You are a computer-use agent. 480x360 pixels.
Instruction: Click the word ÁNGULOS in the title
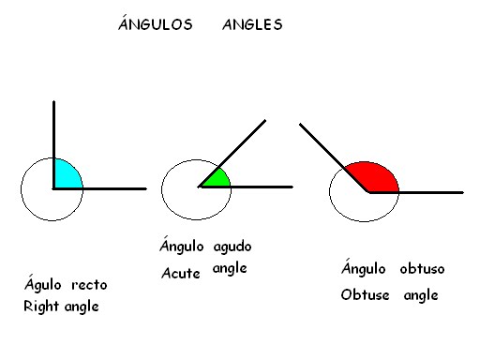[155, 25]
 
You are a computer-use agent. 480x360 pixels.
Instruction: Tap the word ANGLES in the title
[252, 25]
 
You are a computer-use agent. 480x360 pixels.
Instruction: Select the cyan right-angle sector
[66, 175]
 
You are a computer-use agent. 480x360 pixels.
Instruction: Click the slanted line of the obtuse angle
[328, 150]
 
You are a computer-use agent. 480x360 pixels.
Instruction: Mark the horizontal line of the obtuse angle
[427, 192]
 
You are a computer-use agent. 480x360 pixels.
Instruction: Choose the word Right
[40, 306]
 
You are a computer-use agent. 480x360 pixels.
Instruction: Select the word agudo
[232, 247]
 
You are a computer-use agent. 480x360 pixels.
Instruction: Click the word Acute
[181, 273]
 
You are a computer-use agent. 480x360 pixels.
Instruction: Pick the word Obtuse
[365, 294]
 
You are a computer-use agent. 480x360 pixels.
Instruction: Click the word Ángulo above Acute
[182, 247]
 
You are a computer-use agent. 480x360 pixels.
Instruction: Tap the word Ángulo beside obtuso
[364, 269]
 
